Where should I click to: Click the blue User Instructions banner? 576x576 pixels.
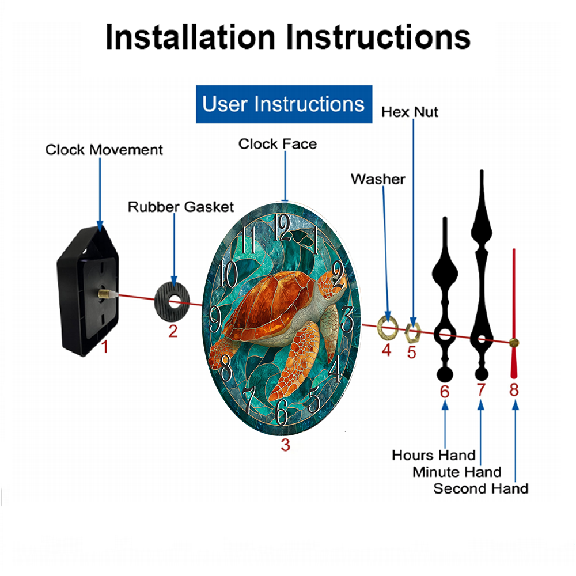click(x=284, y=104)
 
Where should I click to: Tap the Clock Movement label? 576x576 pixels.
click(x=104, y=150)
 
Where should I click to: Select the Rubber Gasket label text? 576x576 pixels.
click(x=181, y=207)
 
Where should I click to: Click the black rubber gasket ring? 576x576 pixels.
click(x=172, y=302)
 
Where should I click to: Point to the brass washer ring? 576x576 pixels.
click(x=388, y=327)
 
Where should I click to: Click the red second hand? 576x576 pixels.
click(x=514, y=313)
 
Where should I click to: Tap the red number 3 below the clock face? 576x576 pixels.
click(x=286, y=445)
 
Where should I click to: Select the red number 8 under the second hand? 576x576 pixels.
click(x=514, y=390)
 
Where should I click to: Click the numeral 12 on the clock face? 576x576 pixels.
click(x=282, y=228)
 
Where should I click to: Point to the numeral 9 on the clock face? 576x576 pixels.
click(x=215, y=319)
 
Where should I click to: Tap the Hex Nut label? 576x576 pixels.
click(x=410, y=112)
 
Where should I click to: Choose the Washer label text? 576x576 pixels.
click(x=378, y=179)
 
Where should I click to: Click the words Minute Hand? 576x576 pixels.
click(x=457, y=472)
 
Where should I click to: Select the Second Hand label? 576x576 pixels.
click(x=481, y=488)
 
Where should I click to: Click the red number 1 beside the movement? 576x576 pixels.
click(x=105, y=346)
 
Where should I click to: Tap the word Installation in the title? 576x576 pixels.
click(x=190, y=37)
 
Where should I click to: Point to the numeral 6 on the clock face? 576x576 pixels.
click(x=281, y=412)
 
